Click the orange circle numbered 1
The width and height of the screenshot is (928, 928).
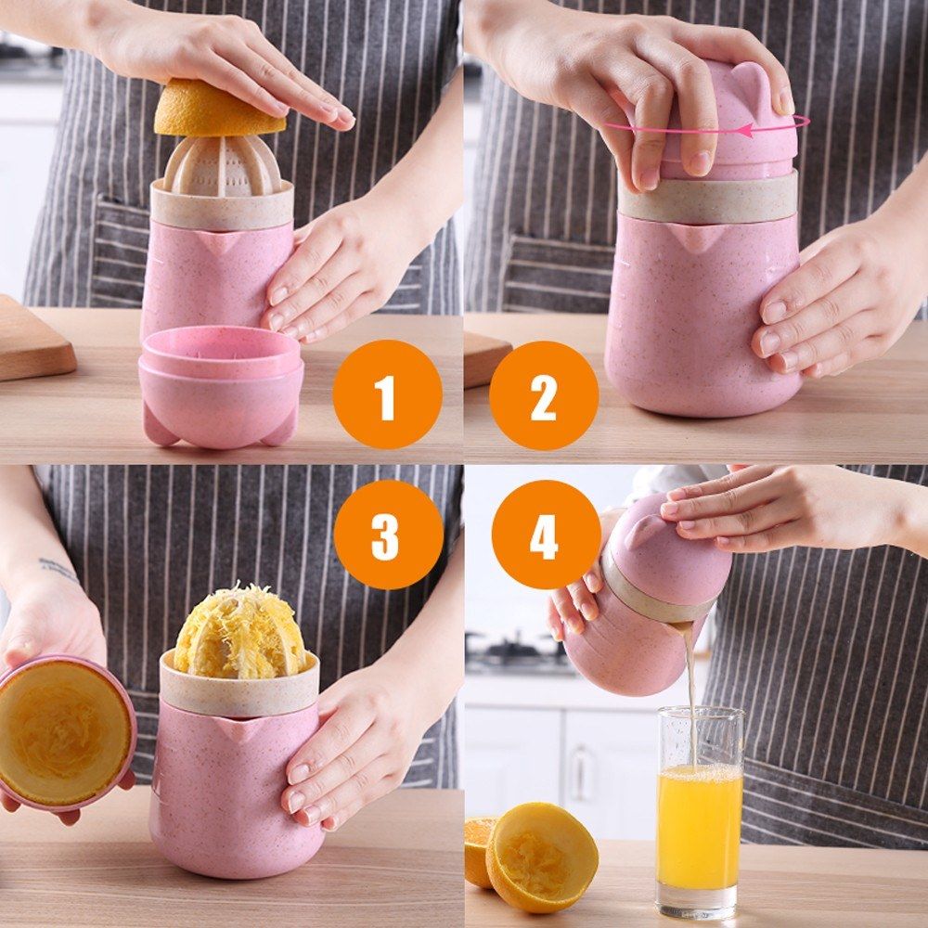coord(387,394)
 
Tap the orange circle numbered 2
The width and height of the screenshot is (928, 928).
coord(544,395)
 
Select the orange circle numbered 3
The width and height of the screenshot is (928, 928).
coord(388,535)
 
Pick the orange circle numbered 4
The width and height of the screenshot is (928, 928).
coord(547,535)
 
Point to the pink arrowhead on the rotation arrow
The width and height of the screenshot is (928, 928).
coord(746,130)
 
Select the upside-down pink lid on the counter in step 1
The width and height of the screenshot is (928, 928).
coord(221,385)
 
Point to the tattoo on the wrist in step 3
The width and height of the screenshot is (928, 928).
coord(58,569)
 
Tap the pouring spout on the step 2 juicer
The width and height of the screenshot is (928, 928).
coord(699,238)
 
